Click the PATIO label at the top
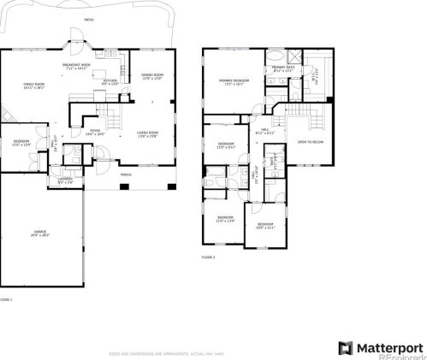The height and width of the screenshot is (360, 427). pos(90,18)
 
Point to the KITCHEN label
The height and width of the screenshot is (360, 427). pos(110,82)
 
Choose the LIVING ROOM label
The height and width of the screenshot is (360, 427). pos(147,133)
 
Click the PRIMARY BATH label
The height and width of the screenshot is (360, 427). pos(282,68)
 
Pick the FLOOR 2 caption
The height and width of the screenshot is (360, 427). pos(209,257)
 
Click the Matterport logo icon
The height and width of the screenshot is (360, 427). pos(345,347)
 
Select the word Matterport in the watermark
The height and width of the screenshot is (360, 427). pos(389,347)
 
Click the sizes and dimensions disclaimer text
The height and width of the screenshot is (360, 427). pos(166,353)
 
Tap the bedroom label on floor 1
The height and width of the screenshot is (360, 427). pos(21,142)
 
